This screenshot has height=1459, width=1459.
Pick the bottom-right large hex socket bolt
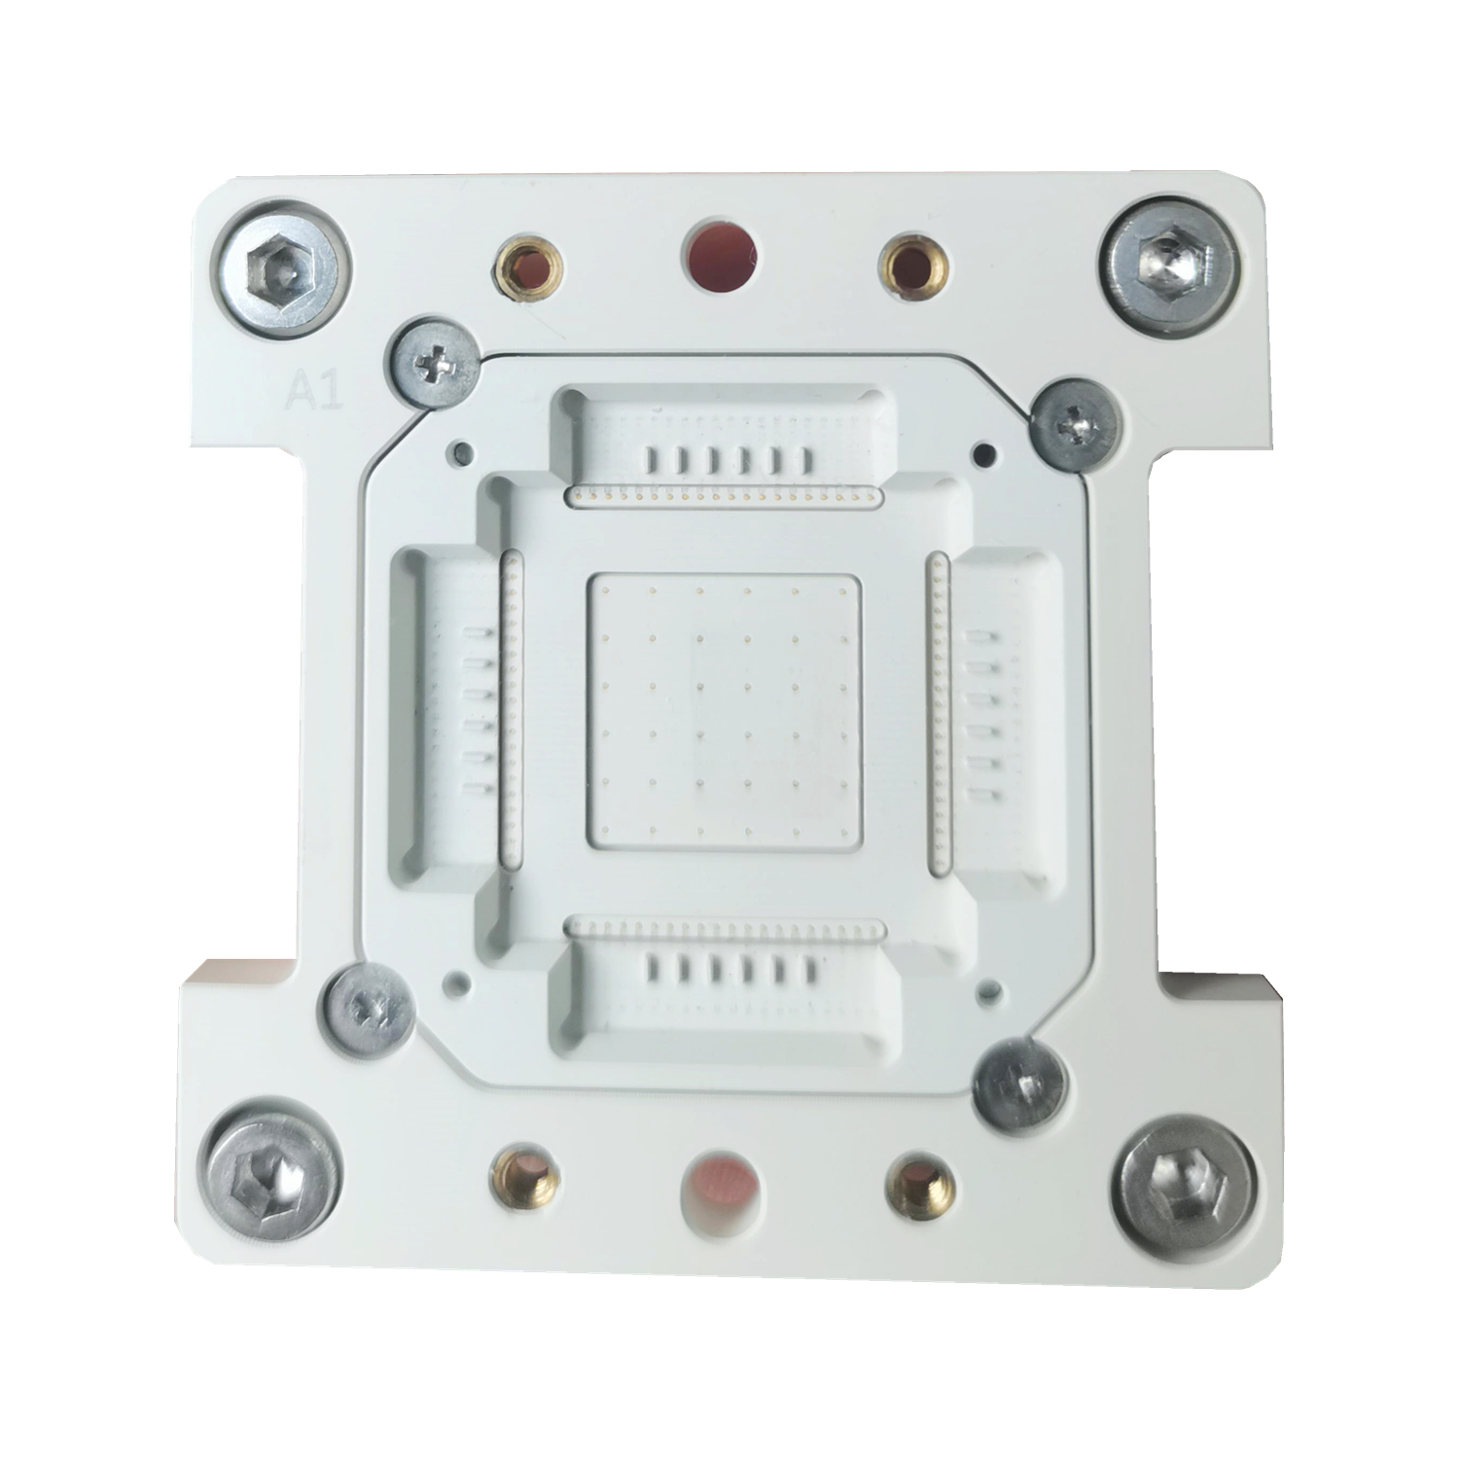tap(1184, 1185)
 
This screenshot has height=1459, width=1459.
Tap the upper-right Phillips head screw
tap(1078, 426)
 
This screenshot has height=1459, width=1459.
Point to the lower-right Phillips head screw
tap(1020, 1085)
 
